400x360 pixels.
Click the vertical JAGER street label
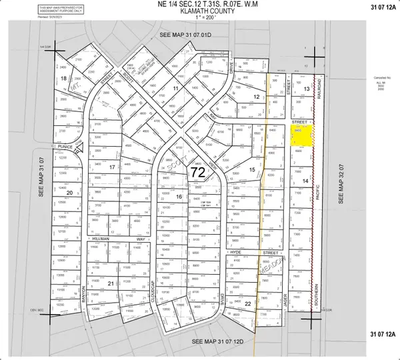point(285,301)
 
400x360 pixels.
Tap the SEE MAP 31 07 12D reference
point(218,341)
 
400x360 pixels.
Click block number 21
point(110,283)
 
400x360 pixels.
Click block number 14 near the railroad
point(305,181)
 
